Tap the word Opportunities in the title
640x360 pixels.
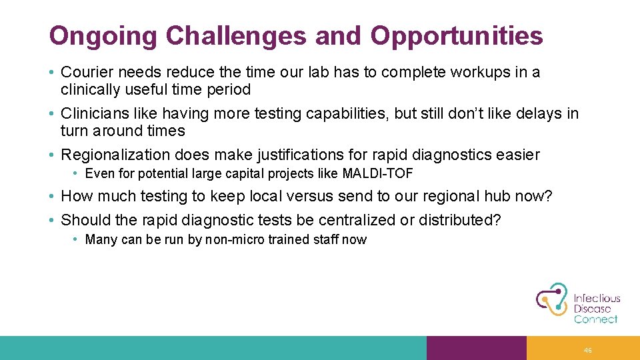pos(457,36)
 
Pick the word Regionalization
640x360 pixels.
pos(116,155)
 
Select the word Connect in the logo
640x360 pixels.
pos(595,319)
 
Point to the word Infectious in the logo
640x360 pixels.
pos(597,299)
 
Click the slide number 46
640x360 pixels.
pos(587,350)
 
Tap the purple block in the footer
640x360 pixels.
pos(476,348)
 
